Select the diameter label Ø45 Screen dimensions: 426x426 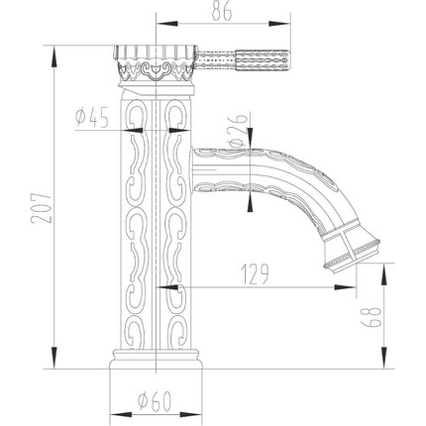[91, 119]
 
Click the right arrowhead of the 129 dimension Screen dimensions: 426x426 [353, 288]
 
